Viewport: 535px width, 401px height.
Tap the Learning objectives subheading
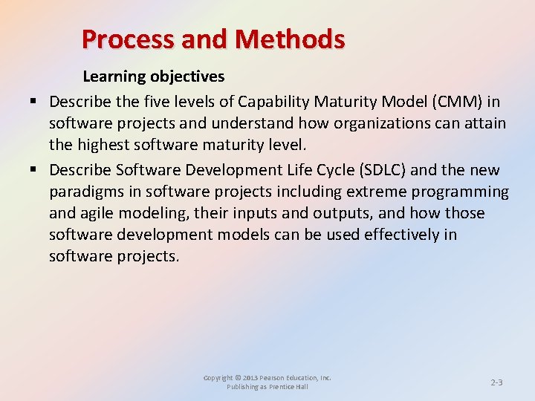(x=153, y=76)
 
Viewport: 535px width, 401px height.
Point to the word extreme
(x=376, y=192)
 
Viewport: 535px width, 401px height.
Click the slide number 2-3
(x=496, y=382)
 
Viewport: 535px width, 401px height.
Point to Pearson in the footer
(x=279, y=378)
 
